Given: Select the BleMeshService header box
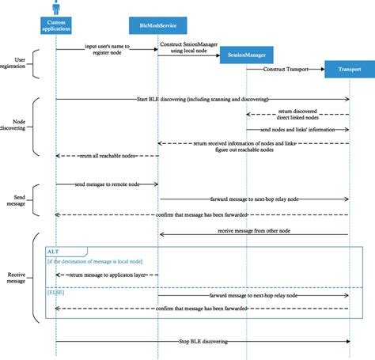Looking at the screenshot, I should tap(157, 26).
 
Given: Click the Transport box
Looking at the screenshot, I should tap(349, 70).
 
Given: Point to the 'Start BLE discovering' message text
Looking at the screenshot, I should tap(202, 100).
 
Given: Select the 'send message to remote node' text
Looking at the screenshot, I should tap(107, 184).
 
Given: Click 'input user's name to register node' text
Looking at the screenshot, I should tap(107, 49).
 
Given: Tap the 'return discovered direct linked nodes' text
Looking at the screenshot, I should tap(298, 118).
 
